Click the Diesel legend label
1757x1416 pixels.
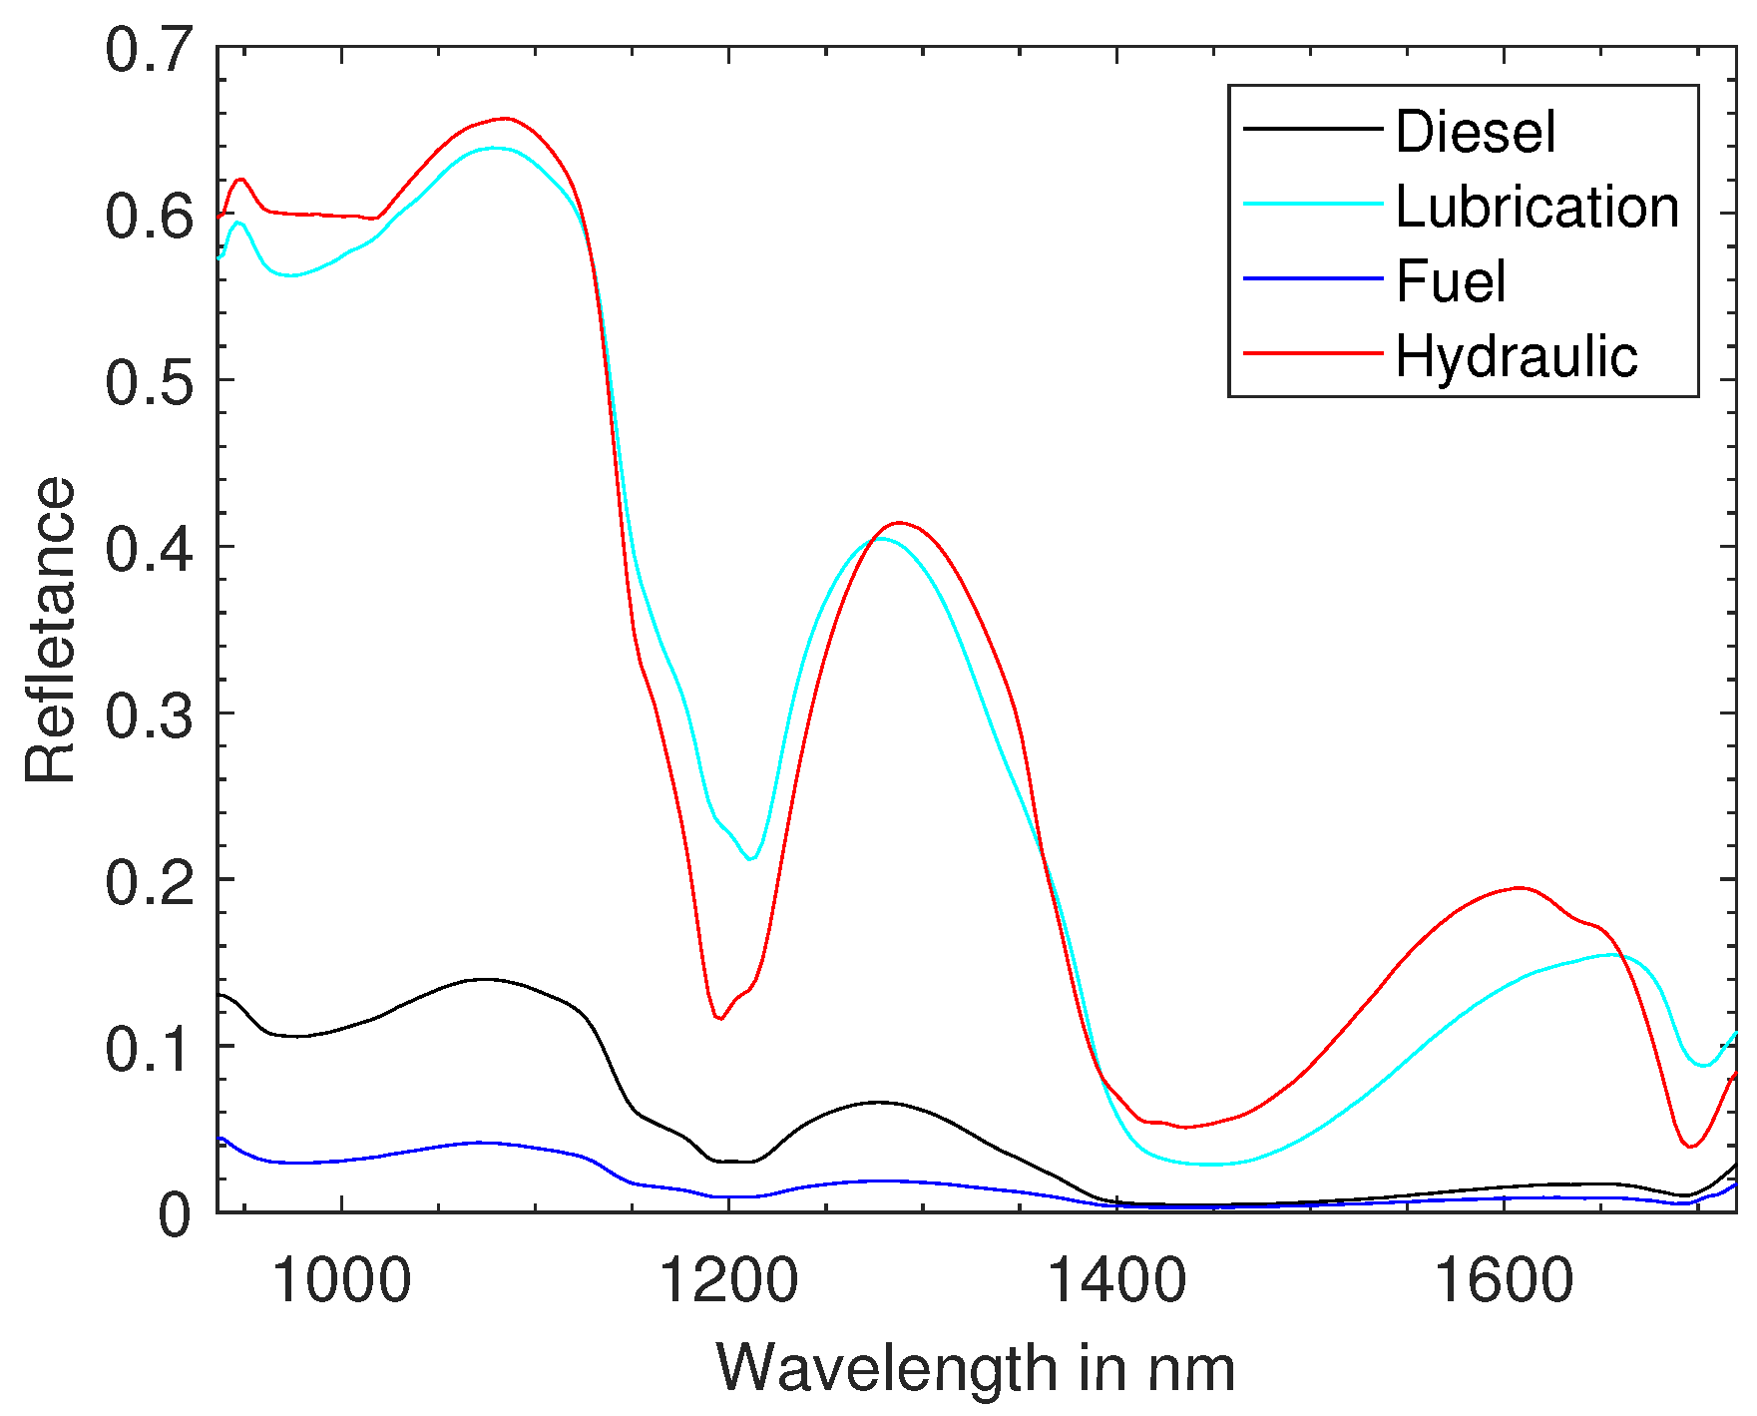(x=1475, y=132)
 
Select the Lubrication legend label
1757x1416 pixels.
(x=1537, y=207)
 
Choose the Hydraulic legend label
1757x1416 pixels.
(x=1516, y=355)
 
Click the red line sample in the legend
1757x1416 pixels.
(x=1312, y=353)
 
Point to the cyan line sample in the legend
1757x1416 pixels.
(x=1312, y=204)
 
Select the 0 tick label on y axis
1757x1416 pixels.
(x=174, y=1214)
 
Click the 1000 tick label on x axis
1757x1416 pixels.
(x=341, y=1280)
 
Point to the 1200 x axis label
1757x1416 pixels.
(x=728, y=1280)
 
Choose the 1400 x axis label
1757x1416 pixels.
(x=1115, y=1280)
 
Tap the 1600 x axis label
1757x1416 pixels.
(x=1503, y=1280)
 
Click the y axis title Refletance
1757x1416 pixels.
(x=50, y=630)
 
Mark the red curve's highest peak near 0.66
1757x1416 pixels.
(x=506, y=118)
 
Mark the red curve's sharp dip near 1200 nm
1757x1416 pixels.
(x=719, y=1019)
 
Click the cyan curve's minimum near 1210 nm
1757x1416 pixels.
(x=751, y=859)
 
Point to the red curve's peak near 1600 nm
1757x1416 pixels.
(x=1519, y=887)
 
